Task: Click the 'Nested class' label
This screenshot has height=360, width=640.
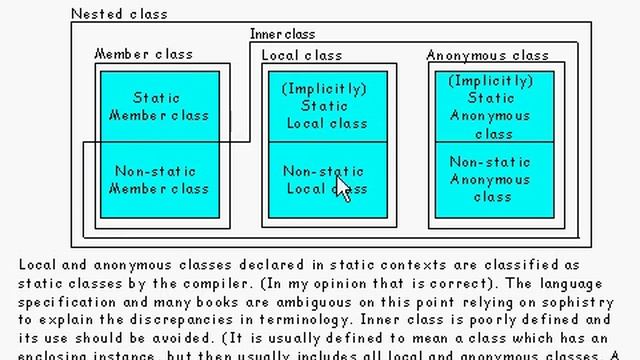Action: coord(120,14)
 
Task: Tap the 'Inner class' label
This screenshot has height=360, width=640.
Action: coord(282,34)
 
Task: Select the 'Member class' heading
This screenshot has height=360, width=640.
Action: coord(143,54)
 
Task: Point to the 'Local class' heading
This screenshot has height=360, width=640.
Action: coord(302,55)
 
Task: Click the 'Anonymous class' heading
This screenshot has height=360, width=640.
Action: coord(488,55)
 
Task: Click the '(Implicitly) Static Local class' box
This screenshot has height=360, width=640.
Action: coord(324,106)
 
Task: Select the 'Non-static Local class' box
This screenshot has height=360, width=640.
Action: coord(324,180)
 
